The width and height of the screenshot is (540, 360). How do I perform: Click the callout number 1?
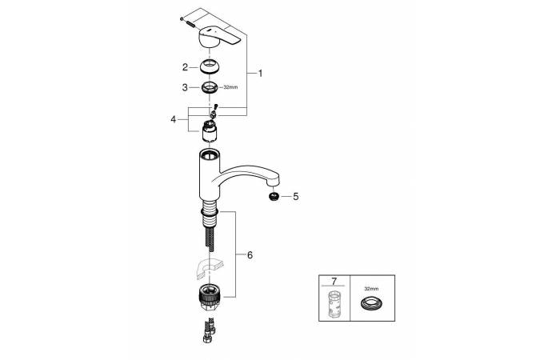(x=260, y=74)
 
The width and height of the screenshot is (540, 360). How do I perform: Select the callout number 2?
(x=185, y=67)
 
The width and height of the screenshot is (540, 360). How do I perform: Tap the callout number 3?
(x=185, y=87)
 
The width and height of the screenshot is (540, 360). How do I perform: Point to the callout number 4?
(x=174, y=119)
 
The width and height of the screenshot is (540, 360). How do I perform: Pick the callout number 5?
(x=296, y=197)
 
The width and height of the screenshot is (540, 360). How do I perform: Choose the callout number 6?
(x=250, y=255)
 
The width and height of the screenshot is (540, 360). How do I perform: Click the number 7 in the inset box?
(x=334, y=282)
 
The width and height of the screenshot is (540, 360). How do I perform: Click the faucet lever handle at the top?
(x=218, y=38)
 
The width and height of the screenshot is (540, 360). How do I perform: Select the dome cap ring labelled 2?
(x=209, y=66)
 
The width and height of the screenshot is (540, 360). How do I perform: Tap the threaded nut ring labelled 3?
(x=209, y=87)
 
